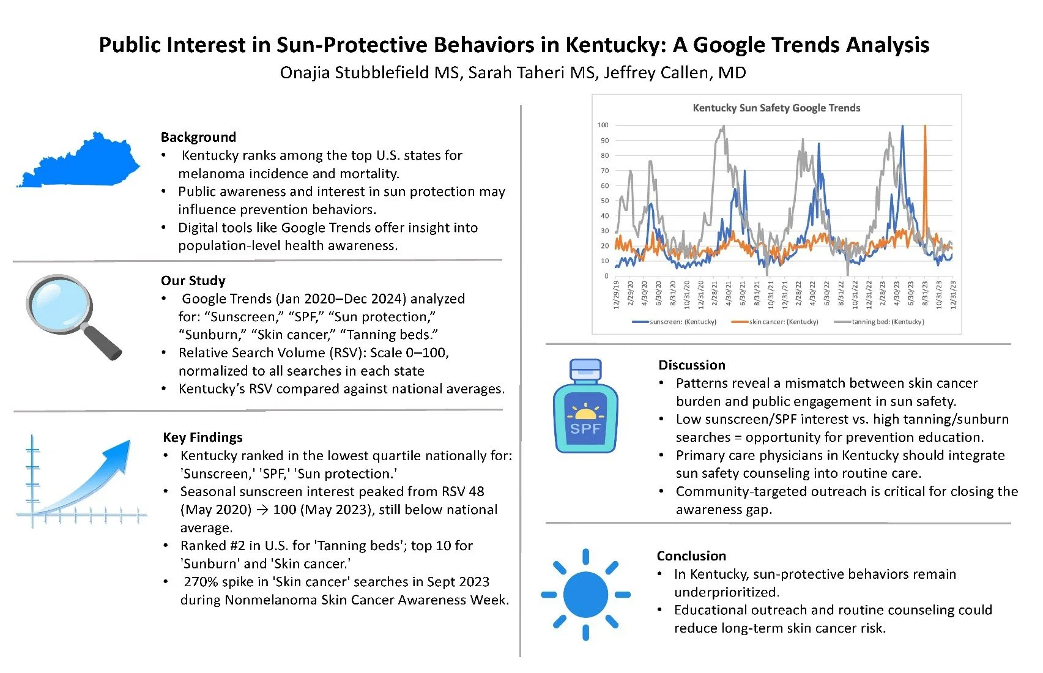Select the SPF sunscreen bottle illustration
click(x=585, y=407)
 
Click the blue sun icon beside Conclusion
click(x=585, y=594)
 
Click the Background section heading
click(x=198, y=137)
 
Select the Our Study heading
click(x=193, y=281)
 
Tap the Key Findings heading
click(x=202, y=437)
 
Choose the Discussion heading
click(x=692, y=365)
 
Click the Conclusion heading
click(x=691, y=556)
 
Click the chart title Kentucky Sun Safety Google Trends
click(x=776, y=108)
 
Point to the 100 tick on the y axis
click(x=603, y=125)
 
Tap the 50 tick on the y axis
click(x=604, y=201)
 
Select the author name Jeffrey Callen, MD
click(x=675, y=73)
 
